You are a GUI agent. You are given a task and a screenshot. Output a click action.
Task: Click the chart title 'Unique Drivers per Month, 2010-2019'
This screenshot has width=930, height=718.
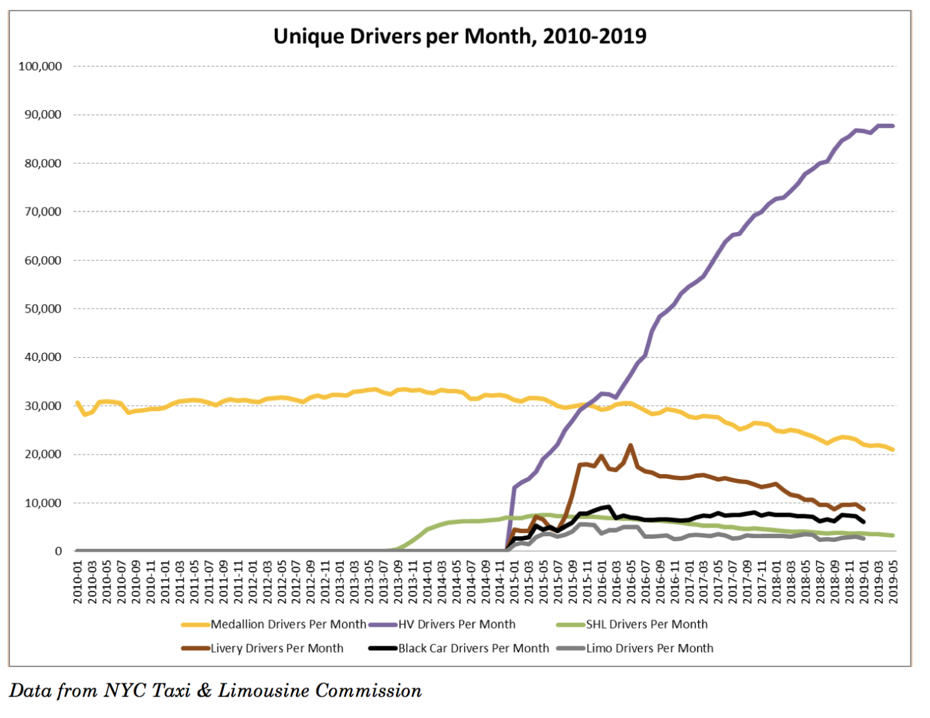pos(459,36)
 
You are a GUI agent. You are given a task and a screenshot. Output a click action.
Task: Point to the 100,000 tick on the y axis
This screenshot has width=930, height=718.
pos(40,67)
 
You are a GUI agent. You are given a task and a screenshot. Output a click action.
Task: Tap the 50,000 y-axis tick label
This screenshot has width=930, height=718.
pos(43,309)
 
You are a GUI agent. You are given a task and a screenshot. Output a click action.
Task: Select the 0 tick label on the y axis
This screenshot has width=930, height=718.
pos(58,551)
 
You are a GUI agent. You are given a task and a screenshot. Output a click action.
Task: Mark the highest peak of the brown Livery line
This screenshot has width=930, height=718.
pos(630,445)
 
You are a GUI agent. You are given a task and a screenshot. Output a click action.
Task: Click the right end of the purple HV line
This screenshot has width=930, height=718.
pos(893,126)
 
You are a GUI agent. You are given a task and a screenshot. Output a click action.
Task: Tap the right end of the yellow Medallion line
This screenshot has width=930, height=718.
pos(893,450)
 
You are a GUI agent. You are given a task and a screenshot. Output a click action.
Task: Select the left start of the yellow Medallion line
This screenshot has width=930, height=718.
pos(77,402)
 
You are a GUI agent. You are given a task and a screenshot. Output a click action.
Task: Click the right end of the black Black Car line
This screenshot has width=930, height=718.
pos(864,522)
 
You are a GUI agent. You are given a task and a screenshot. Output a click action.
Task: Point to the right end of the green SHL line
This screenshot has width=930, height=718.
pos(893,535)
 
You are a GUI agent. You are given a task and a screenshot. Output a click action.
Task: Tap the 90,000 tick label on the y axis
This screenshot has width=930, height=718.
pos(43,115)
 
